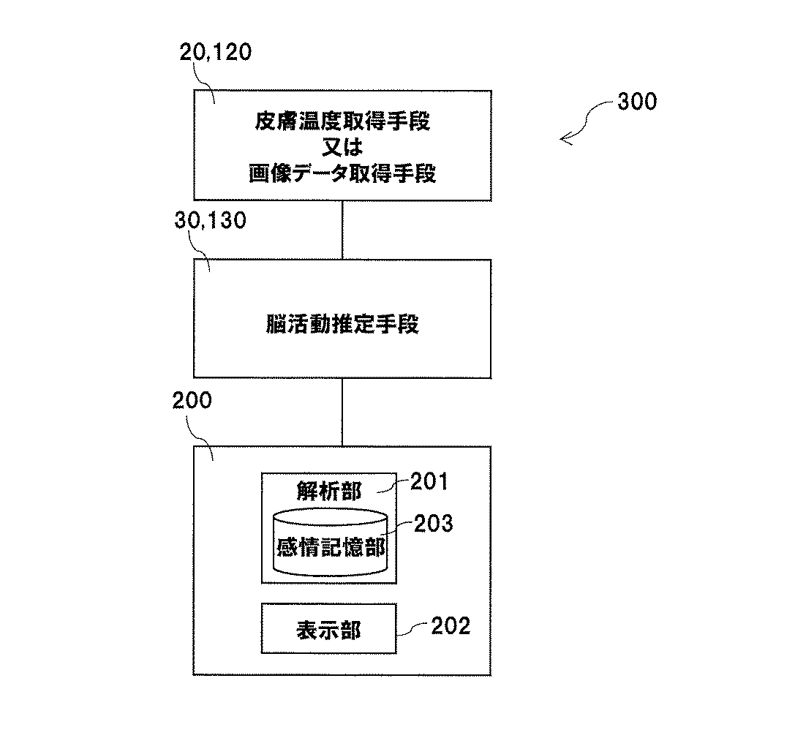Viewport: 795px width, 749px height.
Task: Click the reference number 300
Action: (x=636, y=102)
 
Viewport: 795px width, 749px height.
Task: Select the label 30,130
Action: (x=211, y=220)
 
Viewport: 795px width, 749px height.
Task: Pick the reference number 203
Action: (x=434, y=523)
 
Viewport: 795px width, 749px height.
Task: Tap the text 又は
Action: (x=342, y=148)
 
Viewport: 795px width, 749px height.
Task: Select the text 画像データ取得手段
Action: (x=342, y=174)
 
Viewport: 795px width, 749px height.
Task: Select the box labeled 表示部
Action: (x=329, y=628)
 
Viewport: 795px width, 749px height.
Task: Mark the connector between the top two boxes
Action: (x=342, y=230)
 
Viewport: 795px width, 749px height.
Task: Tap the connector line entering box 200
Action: (x=342, y=412)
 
